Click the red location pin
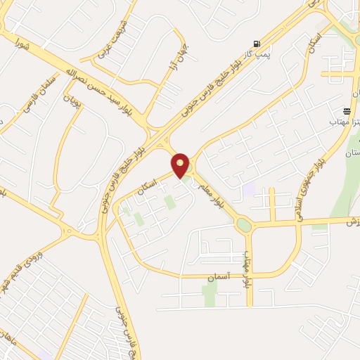tap(181, 165)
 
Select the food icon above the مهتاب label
tap(347, 111)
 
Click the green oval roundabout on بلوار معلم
tap(244, 225)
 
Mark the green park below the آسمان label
tap(210, 295)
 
